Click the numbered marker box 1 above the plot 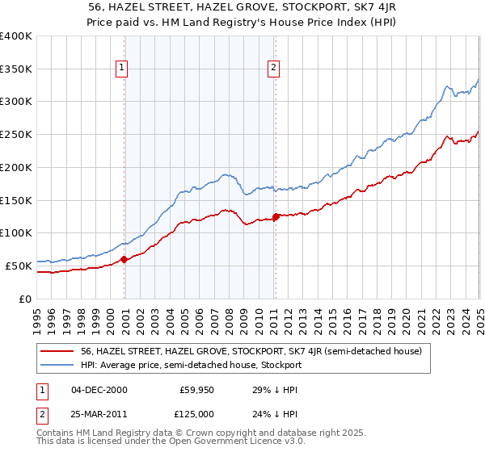pos(121,69)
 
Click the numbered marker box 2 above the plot pos(274,69)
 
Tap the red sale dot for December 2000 pos(124,259)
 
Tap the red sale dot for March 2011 pos(276,216)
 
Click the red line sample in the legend pos(57,351)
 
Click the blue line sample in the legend pos(57,365)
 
